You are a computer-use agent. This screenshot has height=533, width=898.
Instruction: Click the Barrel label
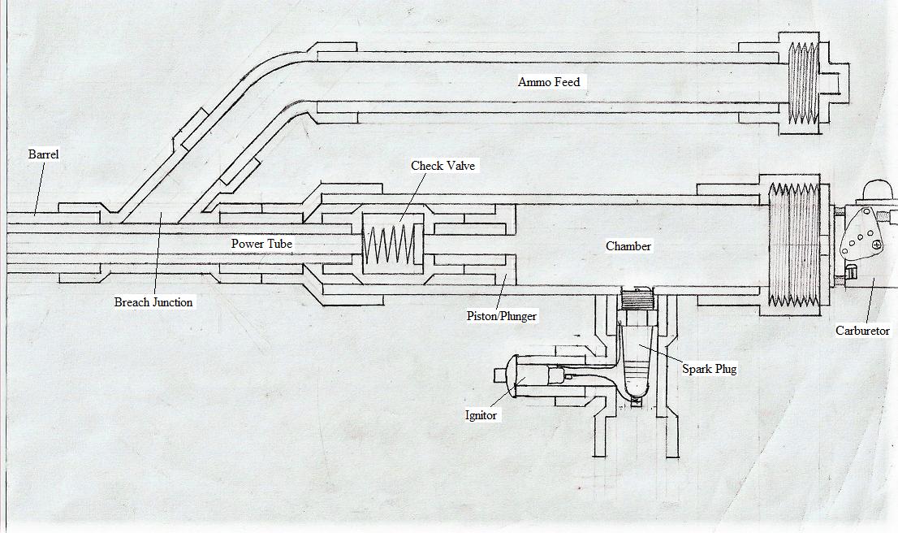point(43,154)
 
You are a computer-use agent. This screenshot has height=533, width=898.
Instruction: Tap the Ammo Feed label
point(549,82)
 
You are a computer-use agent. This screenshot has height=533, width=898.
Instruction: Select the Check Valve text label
point(443,166)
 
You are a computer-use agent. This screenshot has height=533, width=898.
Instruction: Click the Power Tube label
point(261,244)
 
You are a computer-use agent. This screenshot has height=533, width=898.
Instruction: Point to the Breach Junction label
point(153,302)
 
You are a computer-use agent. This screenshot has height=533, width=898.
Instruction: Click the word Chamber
point(628,246)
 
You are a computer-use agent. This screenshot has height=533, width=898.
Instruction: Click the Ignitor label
point(481,415)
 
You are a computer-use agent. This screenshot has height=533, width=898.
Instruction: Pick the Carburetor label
point(862,331)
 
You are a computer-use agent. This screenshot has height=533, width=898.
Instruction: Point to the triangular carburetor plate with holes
point(859,236)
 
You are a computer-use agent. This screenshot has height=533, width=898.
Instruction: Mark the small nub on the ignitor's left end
point(499,375)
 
